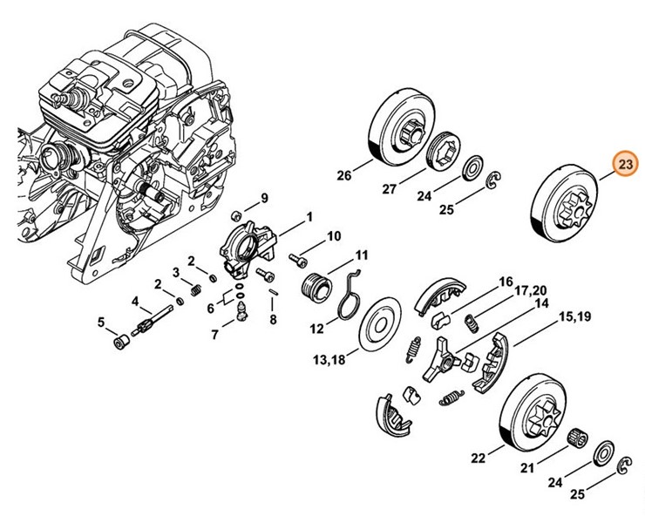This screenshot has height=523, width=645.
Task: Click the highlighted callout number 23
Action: pos(625,164)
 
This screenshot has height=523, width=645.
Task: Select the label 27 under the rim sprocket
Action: pos(390,188)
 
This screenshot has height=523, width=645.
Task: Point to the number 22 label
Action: pos(478,458)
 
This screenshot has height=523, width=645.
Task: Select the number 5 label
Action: pos(102,323)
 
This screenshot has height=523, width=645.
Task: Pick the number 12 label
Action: pos(316,329)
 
